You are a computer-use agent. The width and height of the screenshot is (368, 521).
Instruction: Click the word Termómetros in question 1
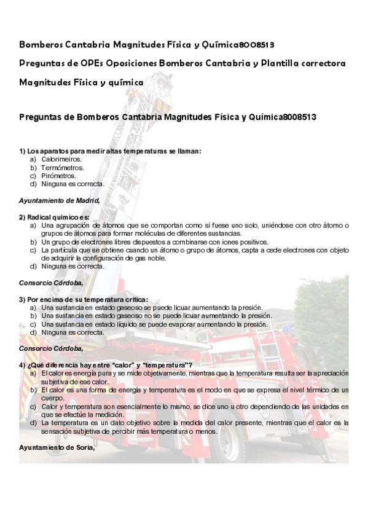[x=63, y=167]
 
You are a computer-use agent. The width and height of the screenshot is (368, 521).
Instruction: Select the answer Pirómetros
[x=59, y=176]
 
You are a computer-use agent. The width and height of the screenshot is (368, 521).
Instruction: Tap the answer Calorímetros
[x=61, y=159]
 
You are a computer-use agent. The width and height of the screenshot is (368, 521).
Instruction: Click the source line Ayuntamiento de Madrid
[x=59, y=200]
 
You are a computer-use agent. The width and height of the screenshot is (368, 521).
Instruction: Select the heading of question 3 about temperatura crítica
[x=84, y=299]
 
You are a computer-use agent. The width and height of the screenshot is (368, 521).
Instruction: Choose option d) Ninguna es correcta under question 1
[x=72, y=184]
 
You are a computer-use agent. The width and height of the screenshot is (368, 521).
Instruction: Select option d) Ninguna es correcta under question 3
[x=72, y=332]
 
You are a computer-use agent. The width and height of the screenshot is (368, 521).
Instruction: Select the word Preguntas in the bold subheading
[x=43, y=116]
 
